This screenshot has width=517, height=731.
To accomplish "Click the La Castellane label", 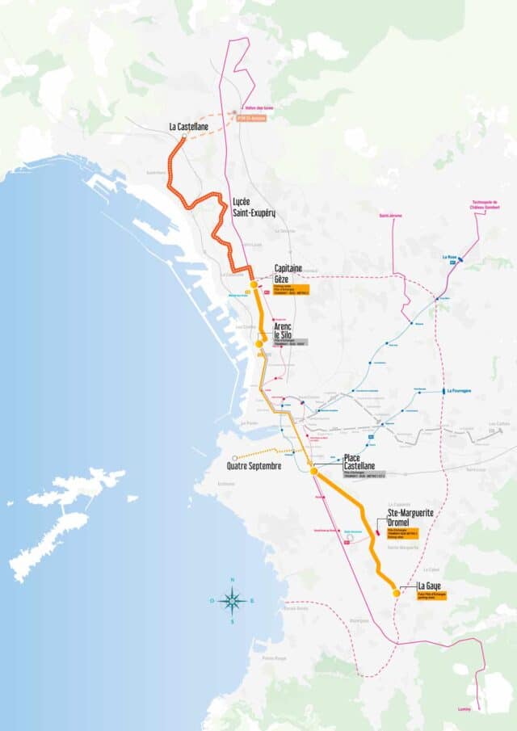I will click(191, 127).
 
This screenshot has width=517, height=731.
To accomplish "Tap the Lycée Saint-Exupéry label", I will click(254, 207).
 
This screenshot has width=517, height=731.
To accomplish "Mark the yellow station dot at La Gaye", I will click(396, 593).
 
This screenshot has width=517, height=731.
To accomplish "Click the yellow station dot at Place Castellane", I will click(313, 470).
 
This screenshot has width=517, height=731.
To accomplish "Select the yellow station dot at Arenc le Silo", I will click(259, 343).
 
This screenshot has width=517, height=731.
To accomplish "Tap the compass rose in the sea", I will click(232, 600).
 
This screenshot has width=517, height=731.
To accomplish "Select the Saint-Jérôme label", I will click(391, 216).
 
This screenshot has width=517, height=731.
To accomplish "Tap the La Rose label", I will click(450, 258).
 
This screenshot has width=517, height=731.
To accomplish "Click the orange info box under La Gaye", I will click(431, 595).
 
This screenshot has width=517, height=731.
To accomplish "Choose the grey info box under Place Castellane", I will click(364, 474).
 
